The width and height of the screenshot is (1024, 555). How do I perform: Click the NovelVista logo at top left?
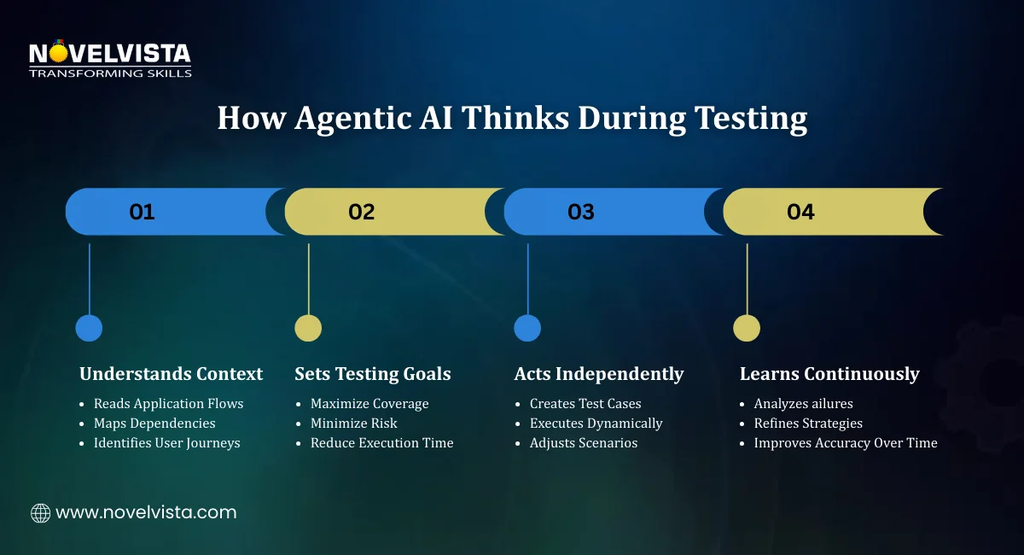(110, 59)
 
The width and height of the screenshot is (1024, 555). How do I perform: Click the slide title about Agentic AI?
(512, 118)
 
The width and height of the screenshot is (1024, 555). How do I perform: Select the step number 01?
(142, 212)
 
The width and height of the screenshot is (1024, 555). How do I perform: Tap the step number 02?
(362, 212)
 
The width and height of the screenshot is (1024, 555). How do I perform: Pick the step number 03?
(581, 212)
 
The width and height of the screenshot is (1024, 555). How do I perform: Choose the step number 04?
(800, 212)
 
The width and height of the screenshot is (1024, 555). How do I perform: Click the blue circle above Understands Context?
(89, 328)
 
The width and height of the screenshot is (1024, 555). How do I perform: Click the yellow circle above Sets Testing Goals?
(308, 328)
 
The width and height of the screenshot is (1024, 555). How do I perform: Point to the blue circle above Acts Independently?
(527, 328)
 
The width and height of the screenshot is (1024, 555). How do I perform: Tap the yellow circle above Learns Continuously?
(747, 328)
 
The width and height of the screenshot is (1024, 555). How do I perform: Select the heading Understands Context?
(171, 374)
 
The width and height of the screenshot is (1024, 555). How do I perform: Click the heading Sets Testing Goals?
(373, 374)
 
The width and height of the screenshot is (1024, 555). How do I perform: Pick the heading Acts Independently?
(599, 374)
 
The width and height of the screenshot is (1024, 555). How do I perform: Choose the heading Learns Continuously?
(829, 374)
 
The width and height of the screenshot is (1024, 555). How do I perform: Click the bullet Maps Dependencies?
(154, 423)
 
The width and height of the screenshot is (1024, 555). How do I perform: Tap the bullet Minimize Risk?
(353, 423)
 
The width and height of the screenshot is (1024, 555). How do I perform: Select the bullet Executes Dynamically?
(596, 423)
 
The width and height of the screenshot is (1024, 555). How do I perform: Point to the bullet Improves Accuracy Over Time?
(845, 442)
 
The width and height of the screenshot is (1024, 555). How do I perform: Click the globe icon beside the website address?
(40, 513)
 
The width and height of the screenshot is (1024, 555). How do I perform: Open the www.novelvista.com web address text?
(146, 513)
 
